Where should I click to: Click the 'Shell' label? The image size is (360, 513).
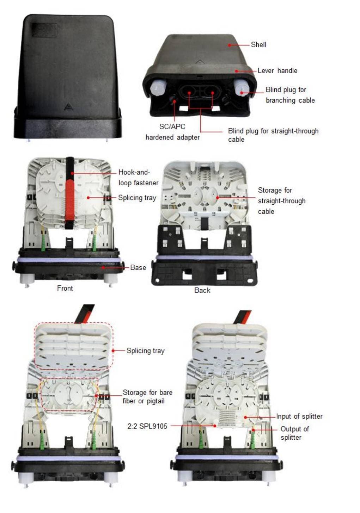pos(258,44)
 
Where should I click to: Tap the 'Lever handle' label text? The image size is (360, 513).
pos(277,70)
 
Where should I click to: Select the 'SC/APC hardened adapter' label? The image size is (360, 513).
pos(172,132)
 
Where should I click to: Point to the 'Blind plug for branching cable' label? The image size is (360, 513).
pos(290,95)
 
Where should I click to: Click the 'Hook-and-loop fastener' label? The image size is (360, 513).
pos(138,178)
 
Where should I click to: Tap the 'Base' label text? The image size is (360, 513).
pos(138,267)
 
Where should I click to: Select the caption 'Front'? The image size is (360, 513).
pos(65,288)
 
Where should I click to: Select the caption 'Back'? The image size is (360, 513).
pos(202,290)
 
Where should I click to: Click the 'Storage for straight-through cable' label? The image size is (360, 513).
pos(282,201)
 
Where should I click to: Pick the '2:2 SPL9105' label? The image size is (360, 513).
pos(147,426)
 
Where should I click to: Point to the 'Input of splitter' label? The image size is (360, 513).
pos(299,416)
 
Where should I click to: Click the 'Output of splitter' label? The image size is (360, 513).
pos(295,433)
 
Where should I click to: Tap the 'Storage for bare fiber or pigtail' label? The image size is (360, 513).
pos(147,397)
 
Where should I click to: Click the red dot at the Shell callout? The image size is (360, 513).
pos(230,45)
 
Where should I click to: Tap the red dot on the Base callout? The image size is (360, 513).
pos(104,267)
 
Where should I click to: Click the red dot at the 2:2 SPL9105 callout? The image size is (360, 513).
pos(215,426)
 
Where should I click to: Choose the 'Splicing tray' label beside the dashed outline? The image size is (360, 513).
pos(146,351)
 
